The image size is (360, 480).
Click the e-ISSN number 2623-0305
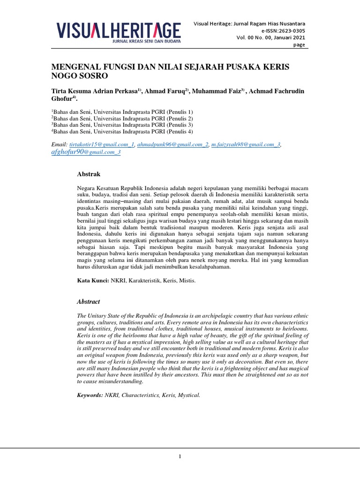click(289, 30)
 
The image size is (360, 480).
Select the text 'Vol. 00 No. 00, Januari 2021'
click(270, 37)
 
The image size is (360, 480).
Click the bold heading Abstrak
click(89, 174)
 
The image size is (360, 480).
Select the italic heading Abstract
click(89, 301)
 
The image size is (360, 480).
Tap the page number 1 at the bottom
click(180, 457)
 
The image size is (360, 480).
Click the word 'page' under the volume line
click(299, 45)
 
